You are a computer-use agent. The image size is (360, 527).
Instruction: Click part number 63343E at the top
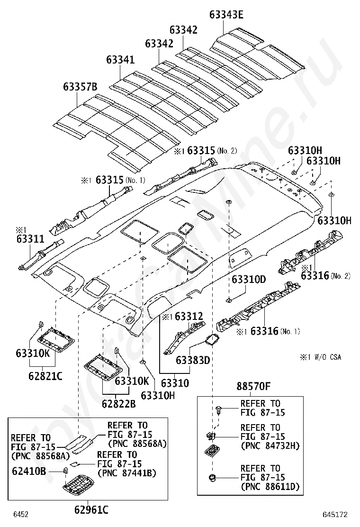226,15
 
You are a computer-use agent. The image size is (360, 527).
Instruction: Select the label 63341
120,60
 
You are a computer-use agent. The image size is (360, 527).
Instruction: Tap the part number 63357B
80,87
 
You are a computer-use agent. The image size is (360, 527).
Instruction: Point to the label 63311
30,239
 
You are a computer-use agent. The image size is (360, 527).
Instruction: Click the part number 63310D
249,279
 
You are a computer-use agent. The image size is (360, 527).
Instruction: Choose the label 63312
189,316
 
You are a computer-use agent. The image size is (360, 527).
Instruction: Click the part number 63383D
193,360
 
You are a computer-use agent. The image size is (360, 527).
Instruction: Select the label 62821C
45,376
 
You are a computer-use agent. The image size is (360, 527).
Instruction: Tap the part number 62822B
119,404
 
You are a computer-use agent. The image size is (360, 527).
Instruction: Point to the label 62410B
29,471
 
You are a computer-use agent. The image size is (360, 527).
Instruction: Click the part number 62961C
91,510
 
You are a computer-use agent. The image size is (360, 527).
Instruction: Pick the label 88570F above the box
253,386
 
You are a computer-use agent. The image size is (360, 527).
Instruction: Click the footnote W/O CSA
328,357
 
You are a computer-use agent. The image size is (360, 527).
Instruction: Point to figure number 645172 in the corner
335,515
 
